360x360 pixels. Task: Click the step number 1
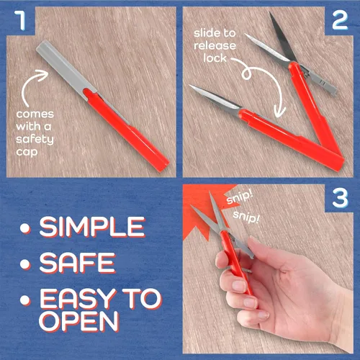[20, 20]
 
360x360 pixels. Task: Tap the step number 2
[340, 20]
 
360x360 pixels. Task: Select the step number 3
[340, 198]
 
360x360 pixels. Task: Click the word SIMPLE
[92, 227]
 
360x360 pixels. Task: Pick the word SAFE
[78, 263]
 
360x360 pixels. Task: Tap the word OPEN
[78, 321]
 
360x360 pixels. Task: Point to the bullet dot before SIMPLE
[25, 228]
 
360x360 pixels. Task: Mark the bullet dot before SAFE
[25, 264]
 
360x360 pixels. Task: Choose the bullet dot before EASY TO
[25, 300]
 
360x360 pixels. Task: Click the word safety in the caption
[35, 140]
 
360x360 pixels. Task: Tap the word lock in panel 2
[215, 58]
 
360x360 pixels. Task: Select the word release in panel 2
[215, 45]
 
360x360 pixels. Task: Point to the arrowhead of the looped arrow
[279, 112]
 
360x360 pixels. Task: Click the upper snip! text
[240, 197]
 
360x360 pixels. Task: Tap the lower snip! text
[246, 217]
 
